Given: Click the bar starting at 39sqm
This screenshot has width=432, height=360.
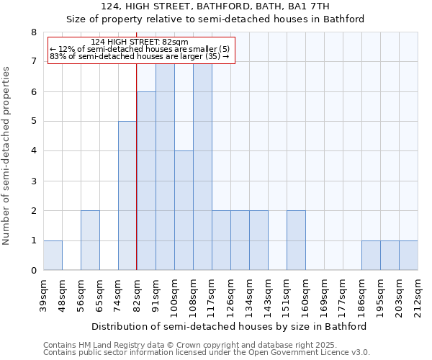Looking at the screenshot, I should point(53,255).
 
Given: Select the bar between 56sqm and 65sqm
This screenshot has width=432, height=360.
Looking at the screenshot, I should point(90,240).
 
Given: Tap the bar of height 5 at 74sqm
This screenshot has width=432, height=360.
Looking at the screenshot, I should point(127,196).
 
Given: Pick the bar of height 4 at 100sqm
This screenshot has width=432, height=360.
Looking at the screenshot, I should point(184,210).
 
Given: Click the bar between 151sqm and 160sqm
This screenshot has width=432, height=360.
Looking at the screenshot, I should point(296,240).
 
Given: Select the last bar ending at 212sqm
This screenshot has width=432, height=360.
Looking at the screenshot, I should point(408,255).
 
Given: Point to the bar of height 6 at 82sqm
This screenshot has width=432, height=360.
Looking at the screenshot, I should point(146,181).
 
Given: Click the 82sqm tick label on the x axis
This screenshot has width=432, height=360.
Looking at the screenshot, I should point(137,294).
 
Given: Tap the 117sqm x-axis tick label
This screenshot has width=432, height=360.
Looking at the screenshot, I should point(212,294).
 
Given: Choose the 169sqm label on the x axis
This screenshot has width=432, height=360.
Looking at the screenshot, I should point(324,294).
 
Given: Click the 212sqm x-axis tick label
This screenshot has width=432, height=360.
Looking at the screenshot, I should point(418,294).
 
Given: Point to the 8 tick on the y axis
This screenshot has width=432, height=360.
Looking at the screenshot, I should point(33,32).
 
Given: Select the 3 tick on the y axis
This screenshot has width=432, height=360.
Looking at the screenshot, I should point(33,181).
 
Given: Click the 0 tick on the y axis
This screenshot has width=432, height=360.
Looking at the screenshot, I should point(33,271).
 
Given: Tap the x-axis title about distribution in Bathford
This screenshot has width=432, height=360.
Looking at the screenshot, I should point(230,326).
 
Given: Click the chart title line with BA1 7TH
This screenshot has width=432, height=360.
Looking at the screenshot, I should point(215,6).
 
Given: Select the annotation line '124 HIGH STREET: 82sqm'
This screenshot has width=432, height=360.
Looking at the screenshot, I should point(140,42).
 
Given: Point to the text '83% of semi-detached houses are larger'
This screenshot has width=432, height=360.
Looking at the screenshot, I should point(139,56).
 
